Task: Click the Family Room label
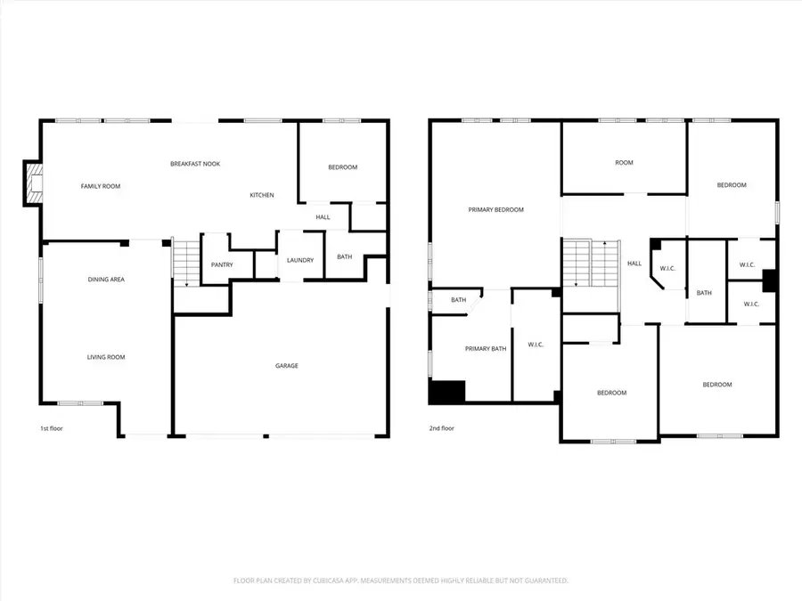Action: (x=100, y=186)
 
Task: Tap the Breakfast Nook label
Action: (x=195, y=164)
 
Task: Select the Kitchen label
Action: (x=261, y=195)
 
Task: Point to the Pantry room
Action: (x=222, y=264)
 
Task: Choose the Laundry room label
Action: (x=299, y=260)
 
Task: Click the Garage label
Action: (x=286, y=365)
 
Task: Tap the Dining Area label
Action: (x=105, y=280)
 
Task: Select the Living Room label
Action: (x=105, y=357)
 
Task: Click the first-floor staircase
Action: (x=184, y=263)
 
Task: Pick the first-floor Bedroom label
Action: (x=342, y=167)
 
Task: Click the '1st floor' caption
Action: (x=51, y=428)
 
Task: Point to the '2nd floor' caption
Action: (x=441, y=428)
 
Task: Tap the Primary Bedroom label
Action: (x=495, y=210)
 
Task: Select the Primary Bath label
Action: (x=485, y=348)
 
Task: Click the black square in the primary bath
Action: (x=447, y=391)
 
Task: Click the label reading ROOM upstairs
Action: (x=624, y=163)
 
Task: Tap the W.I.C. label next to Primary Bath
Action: (x=536, y=345)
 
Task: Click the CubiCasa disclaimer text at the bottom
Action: (x=401, y=581)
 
